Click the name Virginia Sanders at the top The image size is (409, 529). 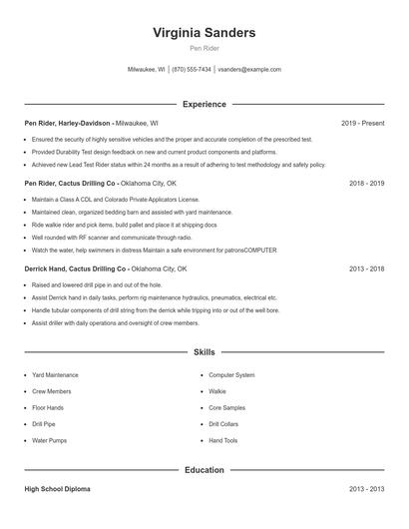[x=204, y=32]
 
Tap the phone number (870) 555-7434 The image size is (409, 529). [x=191, y=70]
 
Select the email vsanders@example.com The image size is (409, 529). [x=249, y=70]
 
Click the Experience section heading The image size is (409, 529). [x=204, y=104]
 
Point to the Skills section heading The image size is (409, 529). [x=204, y=352]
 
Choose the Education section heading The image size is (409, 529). [x=204, y=469]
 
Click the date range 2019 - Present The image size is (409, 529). [x=362, y=123]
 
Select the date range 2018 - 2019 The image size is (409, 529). [x=367, y=184]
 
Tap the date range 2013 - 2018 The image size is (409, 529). [x=367, y=268]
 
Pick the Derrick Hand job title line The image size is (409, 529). [x=105, y=268]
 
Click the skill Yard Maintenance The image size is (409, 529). [x=55, y=375]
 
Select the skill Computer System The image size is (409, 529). [x=231, y=375]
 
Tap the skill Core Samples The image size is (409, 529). [x=226, y=407]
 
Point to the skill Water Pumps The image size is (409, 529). [x=49, y=440]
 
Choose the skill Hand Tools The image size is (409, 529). [x=223, y=440]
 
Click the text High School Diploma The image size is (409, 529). [x=58, y=490]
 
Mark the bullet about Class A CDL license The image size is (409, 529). [x=109, y=200]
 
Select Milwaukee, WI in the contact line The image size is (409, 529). [x=147, y=70]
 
